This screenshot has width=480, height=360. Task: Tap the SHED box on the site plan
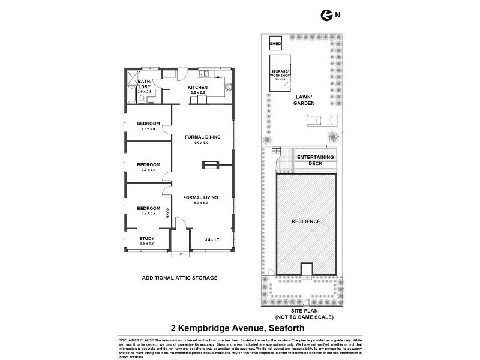(x=275, y=44)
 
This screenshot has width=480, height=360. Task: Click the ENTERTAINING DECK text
(x=316, y=160)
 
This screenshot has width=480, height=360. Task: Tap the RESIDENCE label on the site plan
(x=306, y=221)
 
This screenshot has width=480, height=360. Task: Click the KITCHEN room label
(x=198, y=88)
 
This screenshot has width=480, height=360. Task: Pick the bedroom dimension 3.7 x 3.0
(x=148, y=129)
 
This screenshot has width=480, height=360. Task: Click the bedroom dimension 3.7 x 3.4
(x=148, y=170)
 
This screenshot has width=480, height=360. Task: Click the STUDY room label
(x=146, y=238)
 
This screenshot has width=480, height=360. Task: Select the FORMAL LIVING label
(x=200, y=197)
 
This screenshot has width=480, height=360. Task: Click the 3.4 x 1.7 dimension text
(x=212, y=239)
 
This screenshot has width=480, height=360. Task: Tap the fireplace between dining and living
(x=210, y=163)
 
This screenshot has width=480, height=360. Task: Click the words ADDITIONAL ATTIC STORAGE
(x=179, y=278)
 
